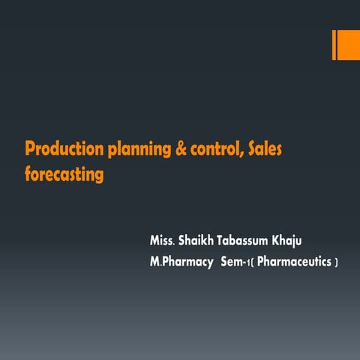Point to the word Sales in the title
point(263,148)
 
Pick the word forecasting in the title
point(63,175)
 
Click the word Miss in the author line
point(161,241)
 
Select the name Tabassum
point(247,241)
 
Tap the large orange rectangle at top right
point(349,45)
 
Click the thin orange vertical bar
point(334,45)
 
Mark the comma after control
point(240,154)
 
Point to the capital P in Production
point(29,148)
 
